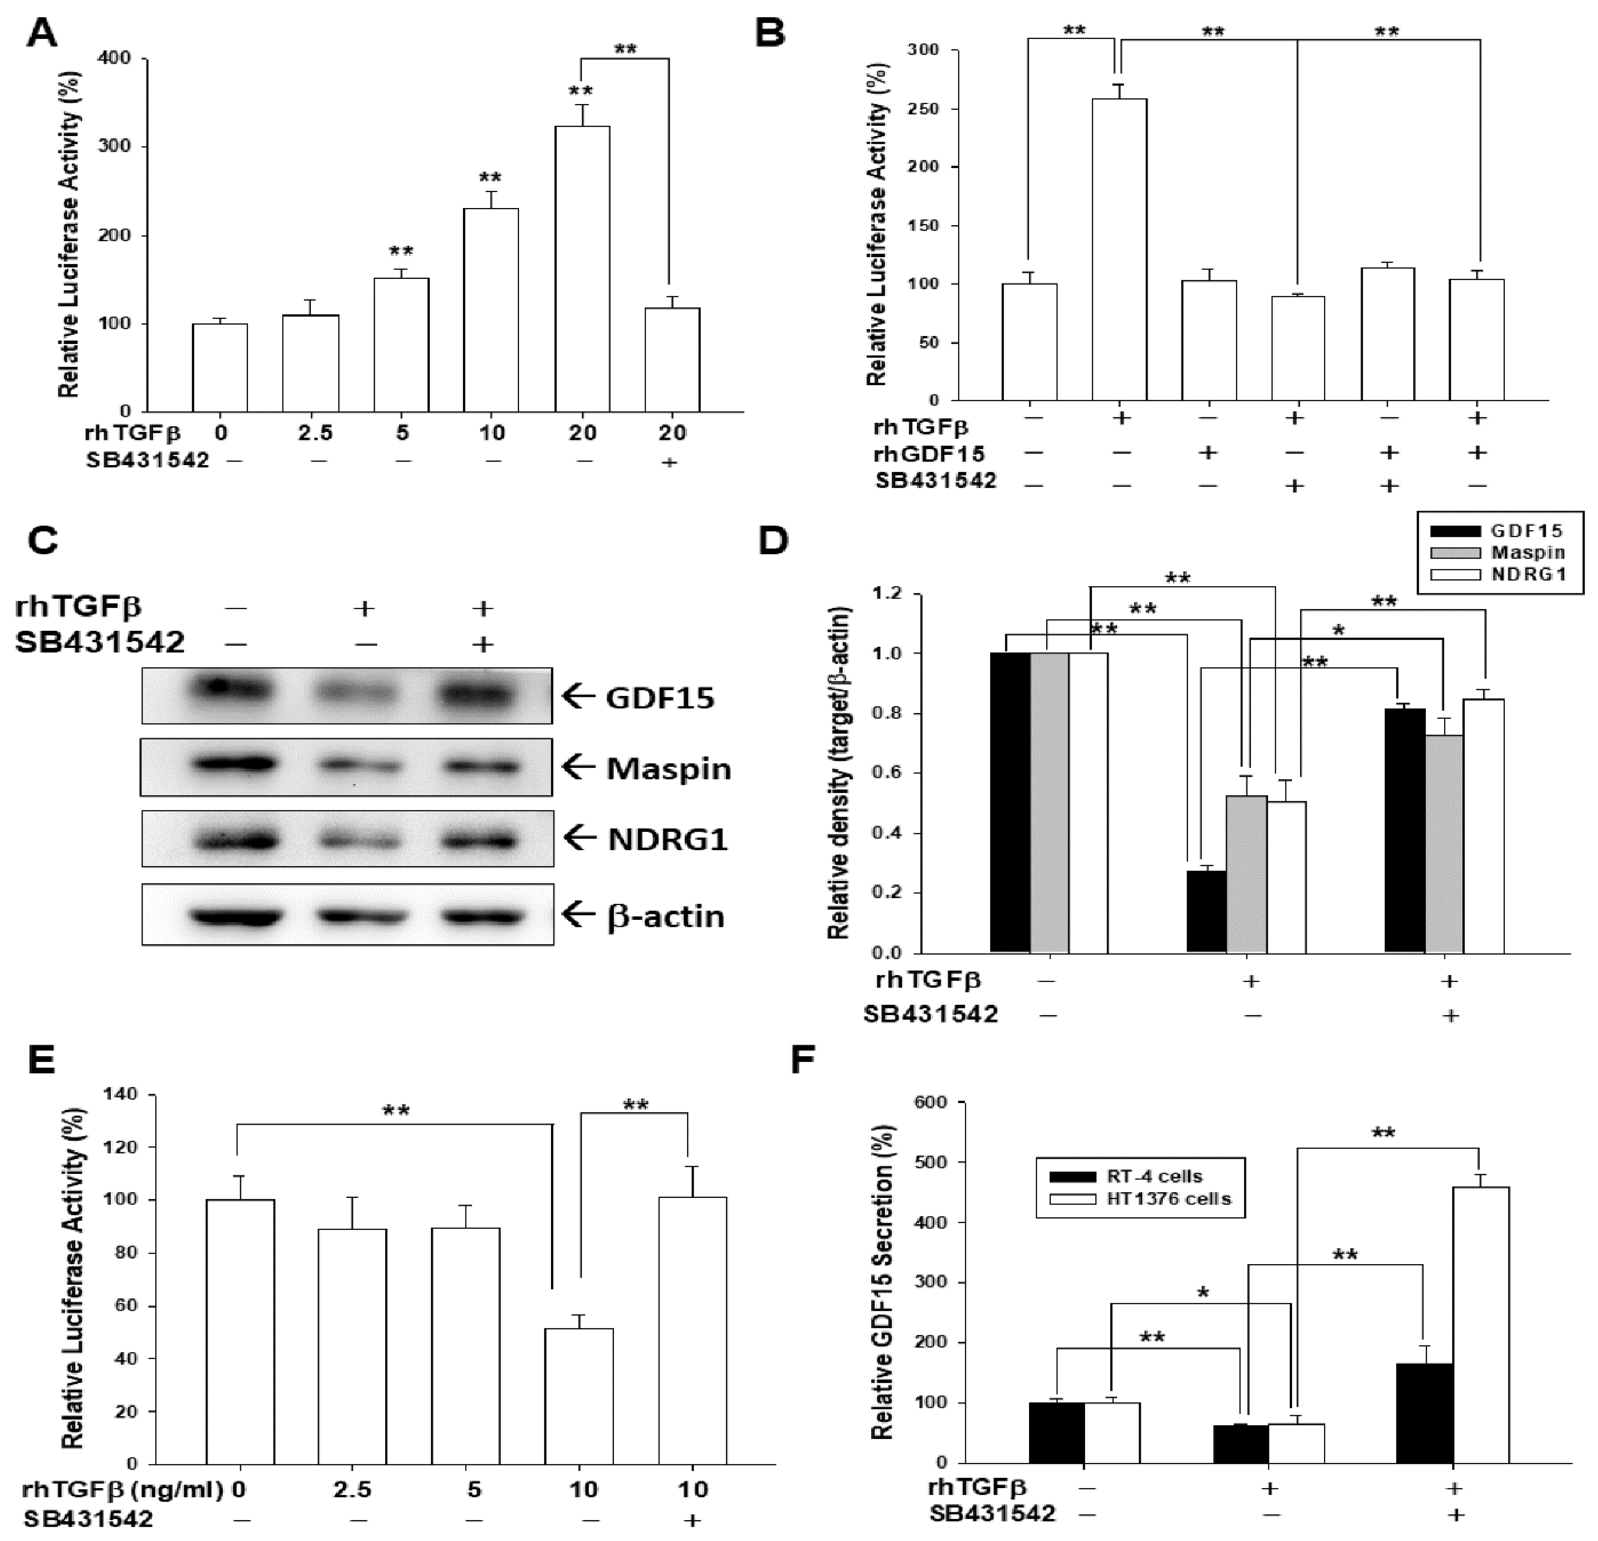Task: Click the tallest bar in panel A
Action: pos(582,269)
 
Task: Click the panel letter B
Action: pos(770,34)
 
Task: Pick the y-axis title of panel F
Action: pos(884,1283)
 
